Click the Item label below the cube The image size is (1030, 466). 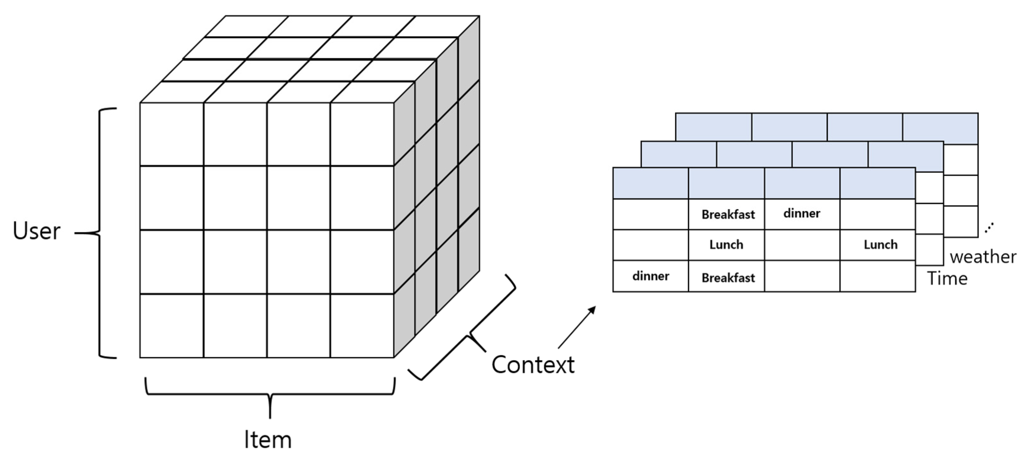point(268,440)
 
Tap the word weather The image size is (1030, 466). point(983,257)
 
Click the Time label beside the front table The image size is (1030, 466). point(947,278)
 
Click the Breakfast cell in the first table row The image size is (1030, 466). point(728,214)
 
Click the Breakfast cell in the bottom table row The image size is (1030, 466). point(728,278)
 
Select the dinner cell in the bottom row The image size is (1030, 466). point(651,276)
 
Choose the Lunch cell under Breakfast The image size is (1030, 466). point(726,244)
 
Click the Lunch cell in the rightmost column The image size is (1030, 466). point(880,244)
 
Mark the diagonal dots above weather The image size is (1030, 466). point(989,228)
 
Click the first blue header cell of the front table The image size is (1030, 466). point(651,183)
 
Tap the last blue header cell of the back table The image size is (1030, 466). point(940,126)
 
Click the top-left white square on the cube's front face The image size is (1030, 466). point(172,134)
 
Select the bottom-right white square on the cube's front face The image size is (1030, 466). point(362,326)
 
